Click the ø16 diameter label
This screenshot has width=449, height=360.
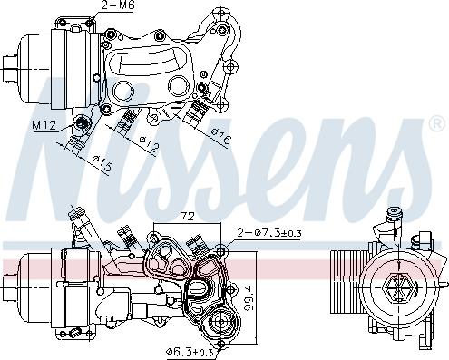point(220,139)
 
